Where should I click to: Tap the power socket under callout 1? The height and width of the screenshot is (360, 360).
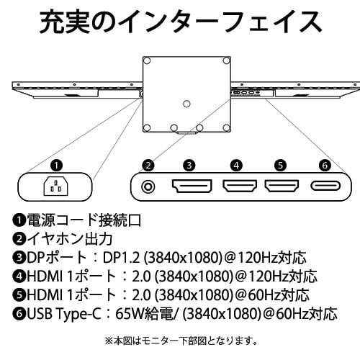coord(58,189)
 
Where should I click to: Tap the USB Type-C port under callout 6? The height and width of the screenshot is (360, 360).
coord(325,188)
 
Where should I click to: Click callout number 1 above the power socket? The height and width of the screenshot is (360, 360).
coord(58,165)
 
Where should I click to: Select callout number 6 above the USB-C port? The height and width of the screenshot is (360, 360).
coord(325,165)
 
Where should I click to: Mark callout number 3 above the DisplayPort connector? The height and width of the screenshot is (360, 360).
coord(189,165)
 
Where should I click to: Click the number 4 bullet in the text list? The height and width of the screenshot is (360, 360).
coord(17,276)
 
